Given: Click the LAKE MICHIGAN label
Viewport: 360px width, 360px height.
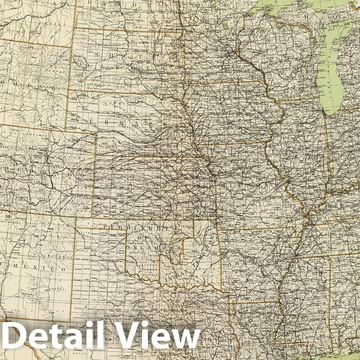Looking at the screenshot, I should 334,76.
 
